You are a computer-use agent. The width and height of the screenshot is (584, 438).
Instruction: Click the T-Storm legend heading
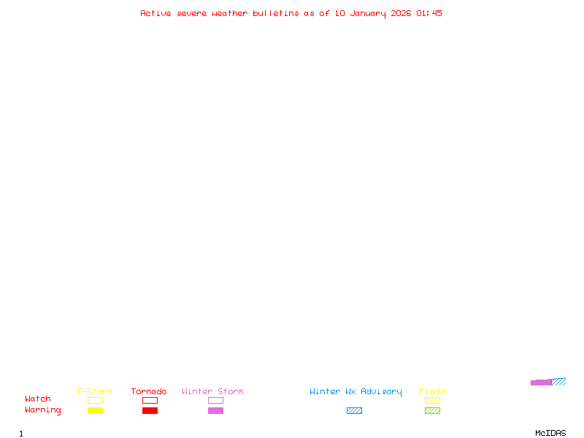tap(94, 392)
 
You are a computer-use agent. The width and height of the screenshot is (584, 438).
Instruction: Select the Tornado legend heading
tap(149, 392)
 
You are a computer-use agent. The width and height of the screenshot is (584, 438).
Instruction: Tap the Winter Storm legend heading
tap(212, 392)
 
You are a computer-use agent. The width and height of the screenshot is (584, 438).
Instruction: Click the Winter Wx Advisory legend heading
tap(356, 392)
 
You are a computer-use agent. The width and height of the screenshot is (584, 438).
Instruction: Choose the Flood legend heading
tap(432, 392)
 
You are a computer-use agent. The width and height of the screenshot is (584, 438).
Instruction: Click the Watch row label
tap(38, 399)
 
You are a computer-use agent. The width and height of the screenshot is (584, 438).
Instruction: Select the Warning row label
tap(43, 410)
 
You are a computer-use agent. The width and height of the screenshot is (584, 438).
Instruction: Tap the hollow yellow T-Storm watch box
tap(95, 400)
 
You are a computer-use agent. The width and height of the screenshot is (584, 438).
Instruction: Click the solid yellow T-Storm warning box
tap(95, 410)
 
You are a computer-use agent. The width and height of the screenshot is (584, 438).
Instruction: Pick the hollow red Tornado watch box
tap(150, 400)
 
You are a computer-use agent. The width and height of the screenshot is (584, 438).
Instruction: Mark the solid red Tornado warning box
tap(150, 410)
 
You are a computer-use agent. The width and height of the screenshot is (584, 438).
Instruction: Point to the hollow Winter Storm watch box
tap(215, 400)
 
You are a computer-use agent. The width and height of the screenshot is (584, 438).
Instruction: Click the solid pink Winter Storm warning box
tap(215, 410)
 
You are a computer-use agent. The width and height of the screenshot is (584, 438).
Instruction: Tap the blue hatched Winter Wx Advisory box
tap(354, 410)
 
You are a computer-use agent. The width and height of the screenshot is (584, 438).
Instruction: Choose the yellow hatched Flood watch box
tap(432, 400)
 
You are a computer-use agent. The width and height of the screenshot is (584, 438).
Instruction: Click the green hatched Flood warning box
tap(432, 410)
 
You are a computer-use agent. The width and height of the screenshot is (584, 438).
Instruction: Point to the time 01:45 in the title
tap(429, 13)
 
